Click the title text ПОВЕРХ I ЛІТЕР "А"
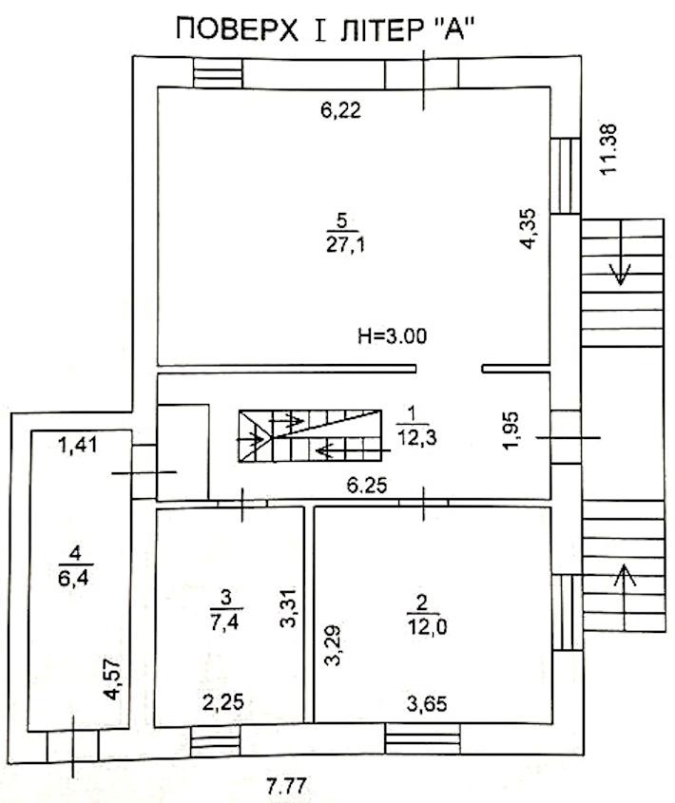[323, 29]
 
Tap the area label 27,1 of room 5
[345, 245]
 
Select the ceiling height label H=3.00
[392, 336]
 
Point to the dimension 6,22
[341, 110]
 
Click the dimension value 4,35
[528, 228]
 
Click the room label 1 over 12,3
[416, 427]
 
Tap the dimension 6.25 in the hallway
[366, 485]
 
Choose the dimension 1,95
[511, 430]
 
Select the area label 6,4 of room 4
[74, 578]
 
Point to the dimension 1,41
[77, 445]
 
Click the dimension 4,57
[112, 679]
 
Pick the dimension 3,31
[289, 607]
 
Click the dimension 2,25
[223, 702]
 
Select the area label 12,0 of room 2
[427, 626]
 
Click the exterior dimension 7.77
[286, 785]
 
